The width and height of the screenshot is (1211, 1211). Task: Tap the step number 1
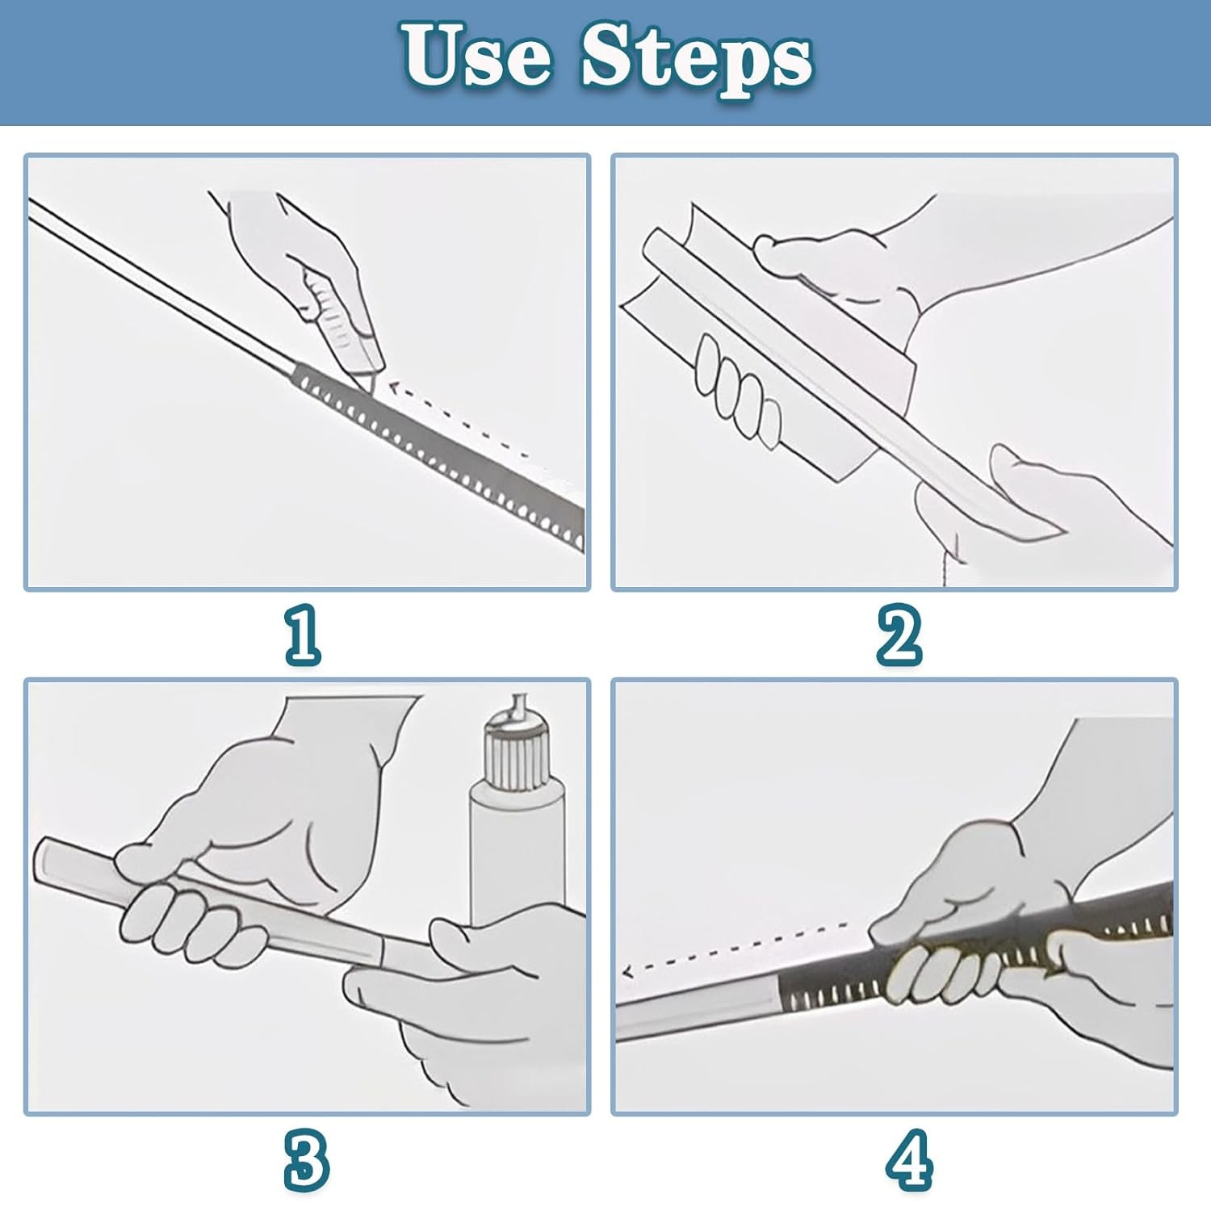coord(303,635)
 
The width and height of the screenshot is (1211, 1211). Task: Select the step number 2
coord(899,635)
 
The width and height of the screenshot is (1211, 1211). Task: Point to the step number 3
coord(306,1160)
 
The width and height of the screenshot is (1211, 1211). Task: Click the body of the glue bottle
coord(517,856)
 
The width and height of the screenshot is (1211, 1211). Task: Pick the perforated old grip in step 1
coord(440,456)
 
